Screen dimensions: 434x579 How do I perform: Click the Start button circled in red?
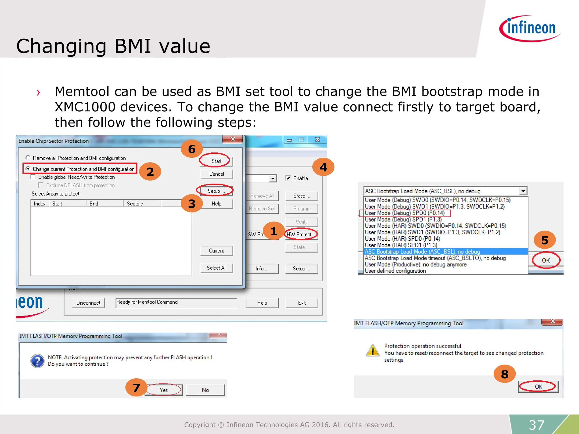[216, 161]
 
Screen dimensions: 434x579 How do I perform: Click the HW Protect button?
[301, 234]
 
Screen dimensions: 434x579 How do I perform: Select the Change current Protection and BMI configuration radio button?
[28, 169]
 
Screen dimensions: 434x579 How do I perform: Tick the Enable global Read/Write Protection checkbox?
[33, 177]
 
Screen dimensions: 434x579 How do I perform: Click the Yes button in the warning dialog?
[163, 390]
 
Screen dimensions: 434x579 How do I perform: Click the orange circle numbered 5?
[545, 240]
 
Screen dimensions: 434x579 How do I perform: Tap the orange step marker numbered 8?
[505, 374]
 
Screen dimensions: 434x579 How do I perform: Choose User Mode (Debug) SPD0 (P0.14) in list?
[405, 213]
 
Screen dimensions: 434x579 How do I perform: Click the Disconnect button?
[88, 303]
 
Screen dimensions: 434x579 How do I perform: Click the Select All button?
[216, 268]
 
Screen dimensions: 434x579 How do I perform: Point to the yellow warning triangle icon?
[373, 350]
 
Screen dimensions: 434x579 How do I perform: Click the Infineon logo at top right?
[530, 28]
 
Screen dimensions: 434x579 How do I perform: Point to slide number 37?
[536, 425]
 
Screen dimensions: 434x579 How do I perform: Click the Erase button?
[301, 196]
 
